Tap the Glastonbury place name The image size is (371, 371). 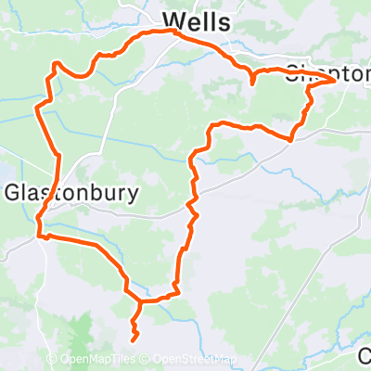tap(71, 193)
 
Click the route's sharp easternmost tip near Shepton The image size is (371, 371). tap(336, 82)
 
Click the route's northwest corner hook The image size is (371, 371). tap(56, 64)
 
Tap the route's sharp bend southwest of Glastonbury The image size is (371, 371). tap(40, 236)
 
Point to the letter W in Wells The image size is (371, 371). tap(173, 19)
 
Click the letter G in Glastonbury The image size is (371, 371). tap(14, 193)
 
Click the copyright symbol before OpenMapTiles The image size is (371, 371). tap(53, 360)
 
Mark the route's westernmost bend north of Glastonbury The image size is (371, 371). tap(37, 109)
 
